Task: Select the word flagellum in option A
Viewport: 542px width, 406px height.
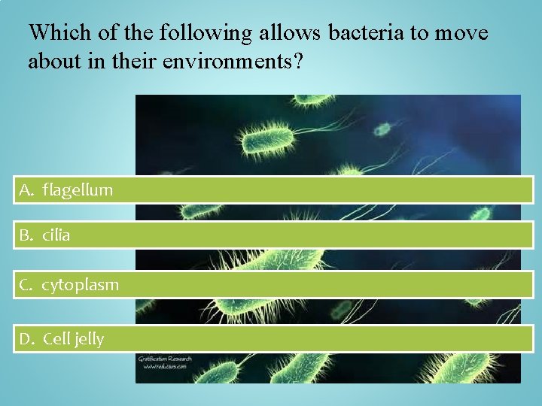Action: pos(78,190)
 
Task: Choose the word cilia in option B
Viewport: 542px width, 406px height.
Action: pos(56,235)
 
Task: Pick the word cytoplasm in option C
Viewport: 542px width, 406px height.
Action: pos(80,286)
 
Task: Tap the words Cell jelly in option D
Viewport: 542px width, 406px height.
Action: pos(74,339)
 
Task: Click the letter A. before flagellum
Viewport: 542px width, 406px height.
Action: pos(27,190)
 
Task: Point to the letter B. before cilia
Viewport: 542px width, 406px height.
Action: pos(27,235)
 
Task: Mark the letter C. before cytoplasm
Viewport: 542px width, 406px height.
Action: pos(27,286)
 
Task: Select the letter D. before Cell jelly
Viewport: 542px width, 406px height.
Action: pos(27,339)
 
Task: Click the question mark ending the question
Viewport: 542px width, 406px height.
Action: pos(299,62)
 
